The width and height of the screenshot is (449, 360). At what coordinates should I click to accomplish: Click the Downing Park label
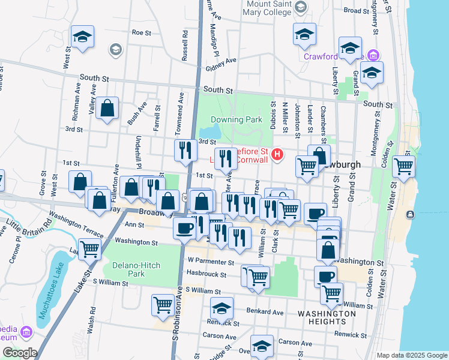(237, 119)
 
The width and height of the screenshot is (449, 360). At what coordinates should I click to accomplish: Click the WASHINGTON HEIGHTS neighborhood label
(327, 317)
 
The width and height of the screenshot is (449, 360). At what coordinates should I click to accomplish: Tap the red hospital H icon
(277, 155)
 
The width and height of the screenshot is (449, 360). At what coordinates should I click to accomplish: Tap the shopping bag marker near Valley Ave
(107, 109)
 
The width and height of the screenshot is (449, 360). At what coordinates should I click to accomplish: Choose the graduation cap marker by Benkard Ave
(221, 309)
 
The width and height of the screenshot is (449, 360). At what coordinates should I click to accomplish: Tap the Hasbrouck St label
(206, 275)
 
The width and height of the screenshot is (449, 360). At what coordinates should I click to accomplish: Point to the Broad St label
(356, 11)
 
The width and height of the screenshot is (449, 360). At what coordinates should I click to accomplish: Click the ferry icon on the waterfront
(410, 214)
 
